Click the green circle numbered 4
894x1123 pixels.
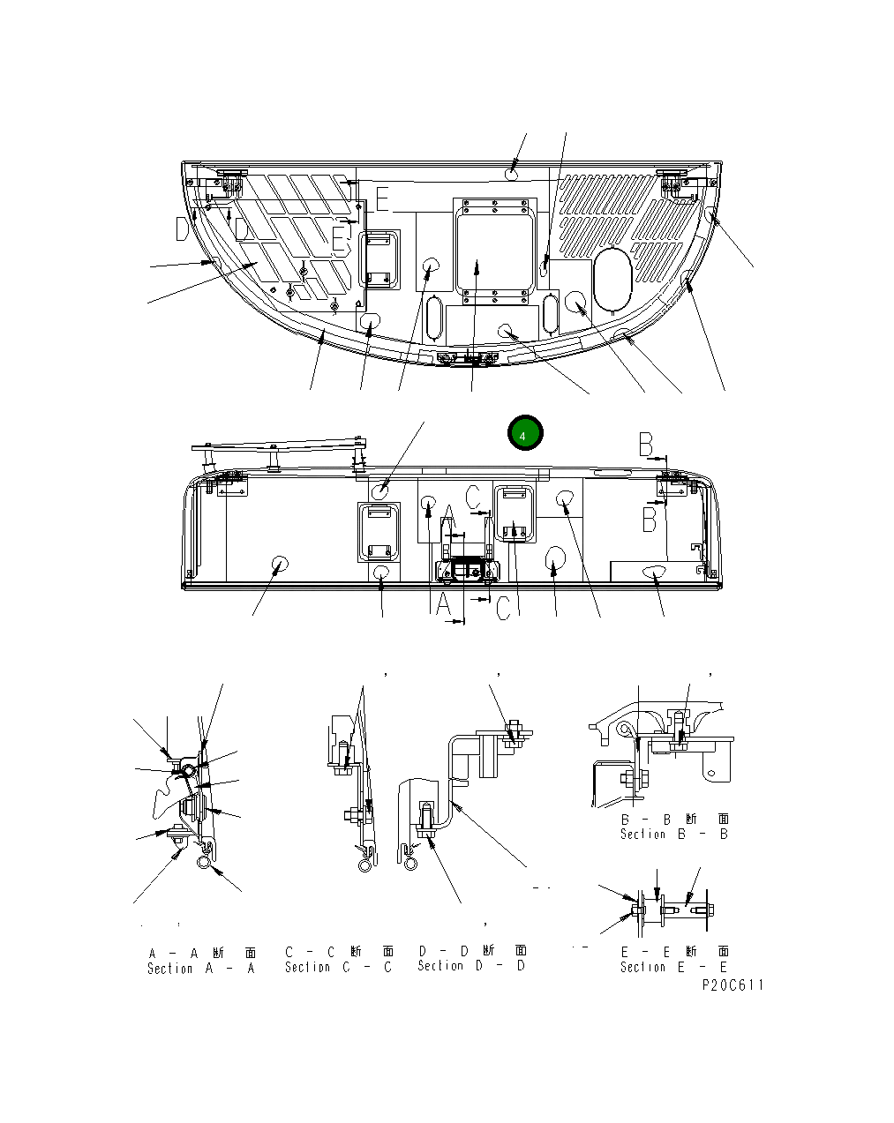pyautogui.click(x=524, y=433)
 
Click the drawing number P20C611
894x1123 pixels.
pyautogui.click(x=732, y=985)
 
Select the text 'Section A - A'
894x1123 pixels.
pyautogui.click(x=201, y=968)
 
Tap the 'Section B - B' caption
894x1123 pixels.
pyautogui.click(x=674, y=834)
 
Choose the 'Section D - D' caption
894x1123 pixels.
pyautogui.click(x=471, y=966)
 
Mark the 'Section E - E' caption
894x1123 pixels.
pyautogui.click(x=674, y=967)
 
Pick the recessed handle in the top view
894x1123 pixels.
pyautogui.click(x=382, y=259)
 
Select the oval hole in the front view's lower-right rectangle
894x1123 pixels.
pyautogui.click(x=654, y=572)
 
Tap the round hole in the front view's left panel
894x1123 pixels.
pyautogui.click(x=281, y=565)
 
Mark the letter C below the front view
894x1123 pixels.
pyautogui.click(x=502, y=609)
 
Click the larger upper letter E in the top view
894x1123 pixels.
pyautogui.click(x=381, y=199)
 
